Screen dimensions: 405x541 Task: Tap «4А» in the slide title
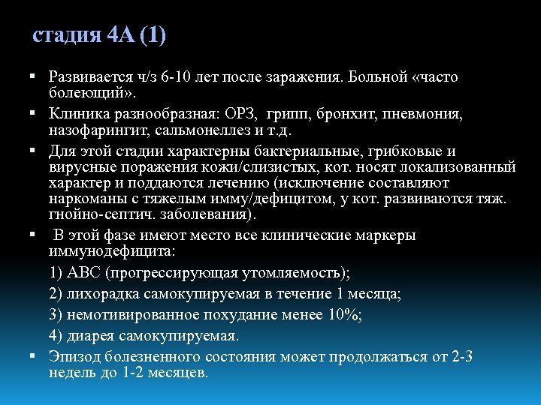click(120, 36)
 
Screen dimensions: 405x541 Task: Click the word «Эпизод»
click(72, 356)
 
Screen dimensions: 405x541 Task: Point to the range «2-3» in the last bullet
click(462, 356)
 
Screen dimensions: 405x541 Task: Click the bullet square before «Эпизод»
click(35, 356)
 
